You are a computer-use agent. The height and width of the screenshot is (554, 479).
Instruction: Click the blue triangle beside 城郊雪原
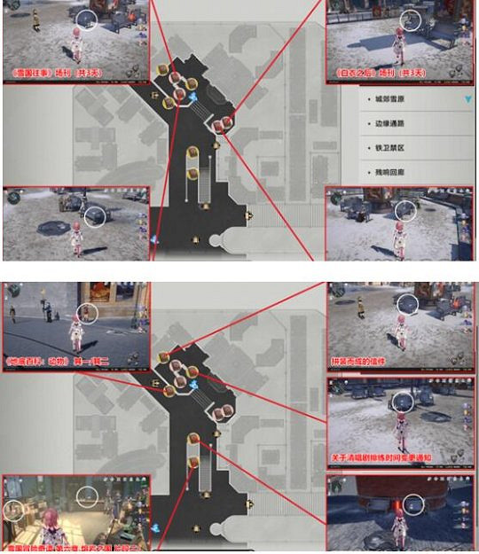click(468, 100)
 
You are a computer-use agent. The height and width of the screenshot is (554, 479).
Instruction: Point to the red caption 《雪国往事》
click(53, 72)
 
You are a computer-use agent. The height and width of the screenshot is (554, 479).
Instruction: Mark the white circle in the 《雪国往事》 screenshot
click(87, 20)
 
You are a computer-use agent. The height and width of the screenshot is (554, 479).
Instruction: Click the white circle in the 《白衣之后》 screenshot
click(410, 20)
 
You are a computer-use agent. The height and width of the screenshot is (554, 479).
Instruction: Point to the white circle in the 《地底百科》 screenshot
click(87, 312)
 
